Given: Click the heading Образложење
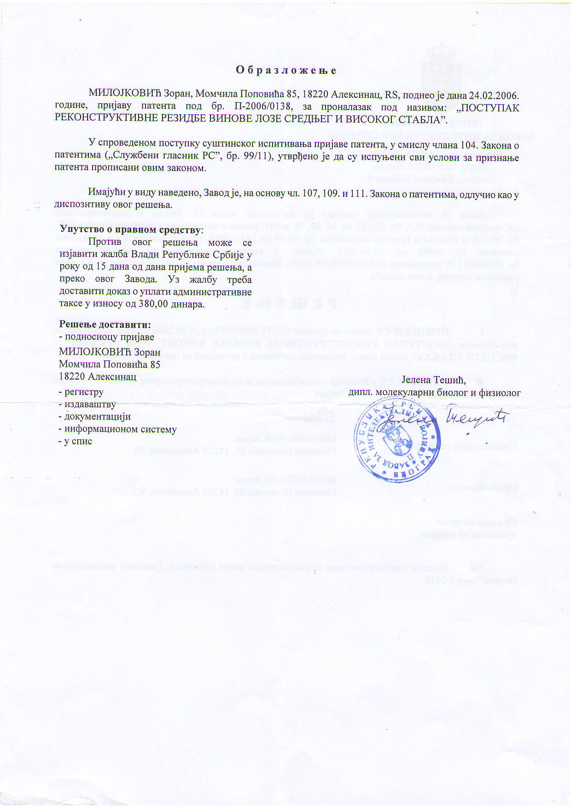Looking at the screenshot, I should [286, 71].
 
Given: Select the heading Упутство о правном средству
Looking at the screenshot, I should [131, 230].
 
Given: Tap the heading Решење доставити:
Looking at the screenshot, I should [105, 324].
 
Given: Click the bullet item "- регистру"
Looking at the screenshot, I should [82, 392].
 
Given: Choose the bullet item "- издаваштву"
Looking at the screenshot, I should [87, 405].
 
